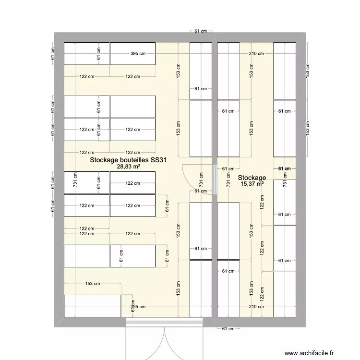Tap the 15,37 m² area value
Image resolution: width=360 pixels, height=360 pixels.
point(252,183)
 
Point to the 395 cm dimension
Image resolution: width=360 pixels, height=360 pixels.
point(137,54)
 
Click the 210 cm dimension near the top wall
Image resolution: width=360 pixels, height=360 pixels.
point(256,54)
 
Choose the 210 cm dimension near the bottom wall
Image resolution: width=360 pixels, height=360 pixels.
point(256,307)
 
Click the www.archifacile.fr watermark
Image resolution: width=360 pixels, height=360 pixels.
point(311,353)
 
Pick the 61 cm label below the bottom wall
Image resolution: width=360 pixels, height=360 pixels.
point(228,329)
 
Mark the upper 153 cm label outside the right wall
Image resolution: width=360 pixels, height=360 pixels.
point(307,71)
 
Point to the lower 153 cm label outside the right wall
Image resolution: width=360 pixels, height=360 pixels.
point(307,128)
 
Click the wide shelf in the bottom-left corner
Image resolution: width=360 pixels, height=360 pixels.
point(92,306)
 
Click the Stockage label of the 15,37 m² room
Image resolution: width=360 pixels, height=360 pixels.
point(252,178)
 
